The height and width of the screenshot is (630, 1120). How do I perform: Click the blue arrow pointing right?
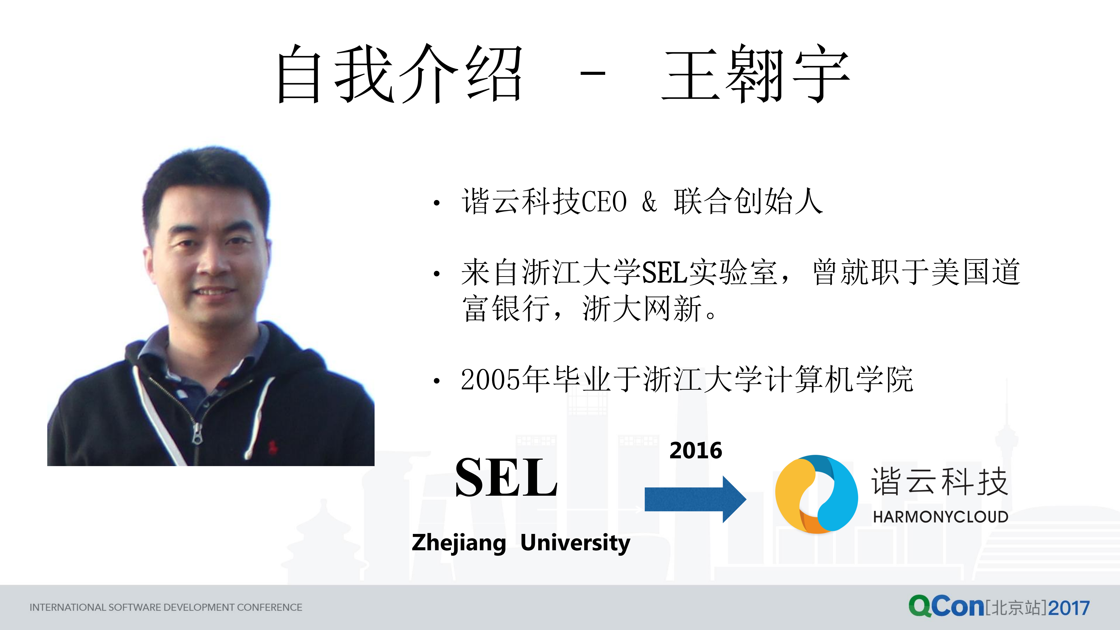click(695, 499)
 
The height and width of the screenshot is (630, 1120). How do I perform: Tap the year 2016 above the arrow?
click(696, 450)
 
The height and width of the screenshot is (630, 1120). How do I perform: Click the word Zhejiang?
click(459, 543)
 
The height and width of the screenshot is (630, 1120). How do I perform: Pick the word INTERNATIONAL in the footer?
click(67, 607)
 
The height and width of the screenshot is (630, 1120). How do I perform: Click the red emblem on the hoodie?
click(273, 447)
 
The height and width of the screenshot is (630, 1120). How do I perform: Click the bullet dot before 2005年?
click(436, 381)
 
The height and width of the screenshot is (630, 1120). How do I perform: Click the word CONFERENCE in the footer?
click(270, 607)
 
